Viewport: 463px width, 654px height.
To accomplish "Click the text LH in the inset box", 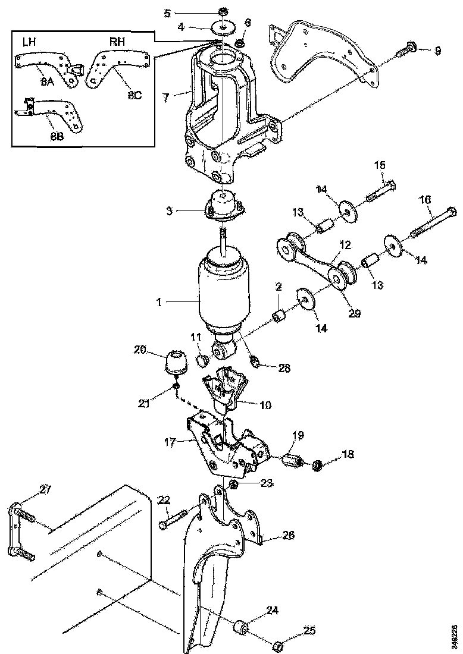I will click(29, 42).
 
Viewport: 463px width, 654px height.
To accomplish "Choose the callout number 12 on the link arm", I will click(345, 244).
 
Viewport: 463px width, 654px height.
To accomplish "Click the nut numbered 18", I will click(318, 465).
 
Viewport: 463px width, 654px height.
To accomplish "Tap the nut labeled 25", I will click(277, 644).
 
